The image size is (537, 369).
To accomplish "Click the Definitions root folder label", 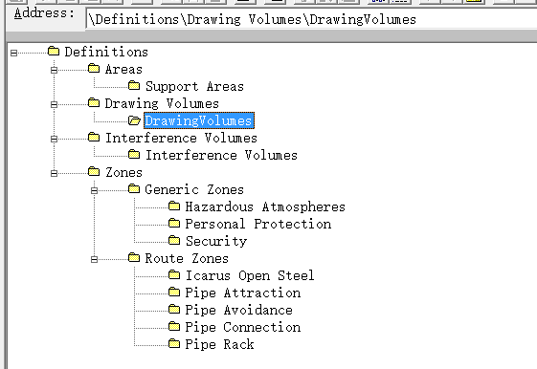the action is pyautogui.click(x=106, y=52).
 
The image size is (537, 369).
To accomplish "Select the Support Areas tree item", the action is pyautogui.click(x=194, y=86).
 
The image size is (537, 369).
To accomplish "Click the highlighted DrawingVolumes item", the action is pyautogui.click(x=199, y=120).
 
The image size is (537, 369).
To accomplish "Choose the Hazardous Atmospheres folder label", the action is pyautogui.click(x=265, y=206).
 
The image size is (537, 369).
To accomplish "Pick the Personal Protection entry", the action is pyautogui.click(x=258, y=224).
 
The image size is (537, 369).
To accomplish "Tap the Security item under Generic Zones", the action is pyautogui.click(x=216, y=241).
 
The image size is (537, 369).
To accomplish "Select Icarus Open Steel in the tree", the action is pyautogui.click(x=250, y=275).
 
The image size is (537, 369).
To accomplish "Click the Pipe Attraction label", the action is pyautogui.click(x=243, y=293).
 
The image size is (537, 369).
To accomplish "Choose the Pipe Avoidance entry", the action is pyautogui.click(x=238, y=310).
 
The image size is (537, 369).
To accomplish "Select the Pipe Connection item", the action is pyautogui.click(x=243, y=327).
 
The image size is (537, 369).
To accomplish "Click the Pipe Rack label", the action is pyautogui.click(x=219, y=344).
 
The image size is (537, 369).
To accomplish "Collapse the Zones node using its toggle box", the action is pyautogui.click(x=54, y=173).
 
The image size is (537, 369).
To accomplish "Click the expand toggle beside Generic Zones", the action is pyautogui.click(x=94, y=190).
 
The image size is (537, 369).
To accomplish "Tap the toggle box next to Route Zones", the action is pyautogui.click(x=94, y=259).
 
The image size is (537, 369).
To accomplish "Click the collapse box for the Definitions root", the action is pyautogui.click(x=13, y=53).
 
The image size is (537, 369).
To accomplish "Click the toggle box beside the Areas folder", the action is pyautogui.click(x=54, y=70).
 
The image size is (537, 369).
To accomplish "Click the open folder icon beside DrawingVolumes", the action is pyautogui.click(x=134, y=120).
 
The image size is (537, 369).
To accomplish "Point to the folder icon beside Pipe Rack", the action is pyautogui.click(x=174, y=342).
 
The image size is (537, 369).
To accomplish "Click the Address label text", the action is pyautogui.click(x=44, y=13).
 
